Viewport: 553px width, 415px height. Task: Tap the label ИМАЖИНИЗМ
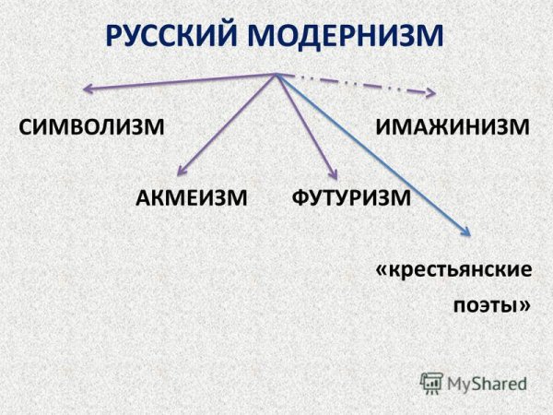point(453,125)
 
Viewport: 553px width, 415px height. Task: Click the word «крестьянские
point(453,270)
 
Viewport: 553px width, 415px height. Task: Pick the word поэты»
point(491,307)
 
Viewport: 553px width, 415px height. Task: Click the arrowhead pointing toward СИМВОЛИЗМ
point(87,89)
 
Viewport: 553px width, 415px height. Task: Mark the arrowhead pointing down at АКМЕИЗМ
point(182,170)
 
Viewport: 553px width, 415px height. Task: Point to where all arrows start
point(276,74)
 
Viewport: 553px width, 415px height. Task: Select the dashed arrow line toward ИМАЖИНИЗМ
point(355,83)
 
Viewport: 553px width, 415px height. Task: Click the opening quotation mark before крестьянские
point(382,270)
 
